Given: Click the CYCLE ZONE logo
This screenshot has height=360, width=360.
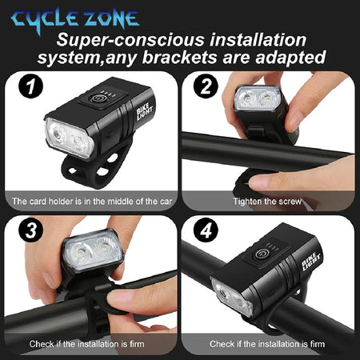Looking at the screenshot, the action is [x=75, y=20].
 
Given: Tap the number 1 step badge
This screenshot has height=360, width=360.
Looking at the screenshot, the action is [x=30, y=86].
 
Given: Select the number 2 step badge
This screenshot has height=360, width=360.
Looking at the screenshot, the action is [x=206, y=86].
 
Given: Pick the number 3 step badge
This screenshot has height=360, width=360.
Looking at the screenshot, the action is [x=30, y=230].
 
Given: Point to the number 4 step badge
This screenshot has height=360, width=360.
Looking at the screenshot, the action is [x=206, y=230].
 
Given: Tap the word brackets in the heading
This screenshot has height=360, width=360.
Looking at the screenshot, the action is [x=179, y=58].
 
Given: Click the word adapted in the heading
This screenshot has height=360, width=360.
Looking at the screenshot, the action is [x=290, y=58].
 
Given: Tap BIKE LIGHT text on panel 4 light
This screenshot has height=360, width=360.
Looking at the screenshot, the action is [x=310, y=262].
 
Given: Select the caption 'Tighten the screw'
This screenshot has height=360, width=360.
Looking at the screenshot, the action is [x=267, y=202].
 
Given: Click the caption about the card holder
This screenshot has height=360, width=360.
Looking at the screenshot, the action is [x=92, y=202].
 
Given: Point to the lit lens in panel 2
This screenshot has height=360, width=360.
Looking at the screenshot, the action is [x=258, y=98].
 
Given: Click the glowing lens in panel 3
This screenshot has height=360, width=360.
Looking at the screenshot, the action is [x=93, y=251].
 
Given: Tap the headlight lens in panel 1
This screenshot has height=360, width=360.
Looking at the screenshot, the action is [x=70, y=138].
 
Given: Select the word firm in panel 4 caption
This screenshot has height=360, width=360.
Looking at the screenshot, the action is [x=318, y=344].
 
